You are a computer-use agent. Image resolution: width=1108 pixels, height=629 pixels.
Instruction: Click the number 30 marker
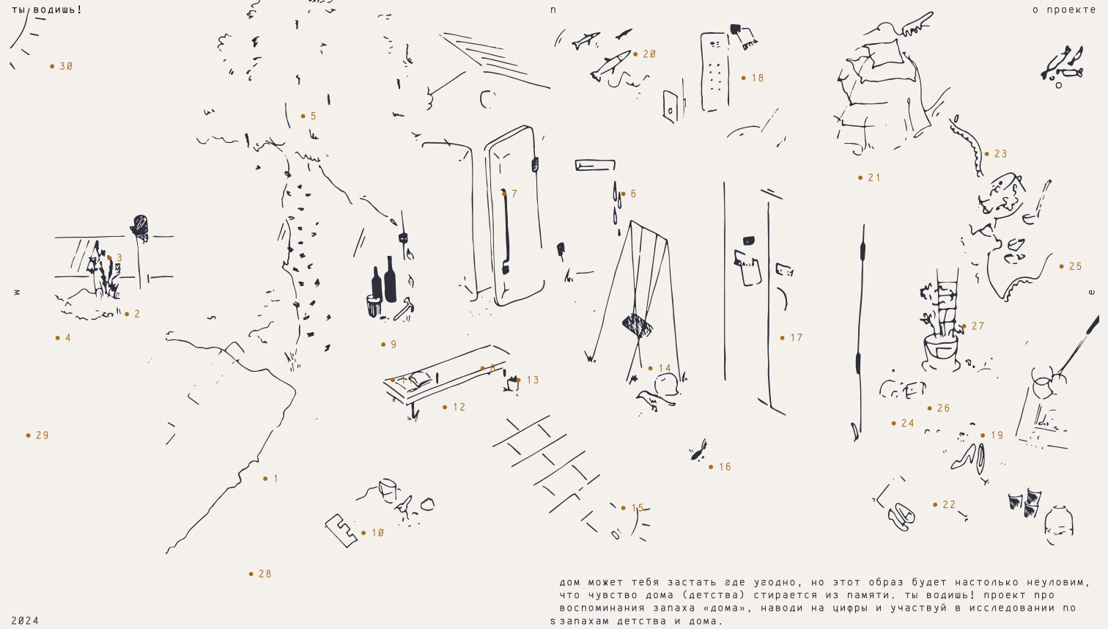click(62, 66)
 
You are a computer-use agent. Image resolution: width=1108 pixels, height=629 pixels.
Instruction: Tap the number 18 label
click(753, 78)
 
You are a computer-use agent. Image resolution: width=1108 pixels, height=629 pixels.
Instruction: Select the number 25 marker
click(1071, 266)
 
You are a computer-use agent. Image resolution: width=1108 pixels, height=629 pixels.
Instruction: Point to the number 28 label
click(261, 574)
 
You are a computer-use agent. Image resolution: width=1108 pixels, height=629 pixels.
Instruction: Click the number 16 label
click(720, 467)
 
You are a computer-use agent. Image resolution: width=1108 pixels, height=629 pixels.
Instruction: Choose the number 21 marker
click(870, 177)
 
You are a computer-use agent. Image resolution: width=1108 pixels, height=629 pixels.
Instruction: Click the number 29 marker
click(38, 435)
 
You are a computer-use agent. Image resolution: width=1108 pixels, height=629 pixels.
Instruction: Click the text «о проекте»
click(1064, 10)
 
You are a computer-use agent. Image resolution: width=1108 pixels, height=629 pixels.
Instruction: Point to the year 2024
click(25, 621)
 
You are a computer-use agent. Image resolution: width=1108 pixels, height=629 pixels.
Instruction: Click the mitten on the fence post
click(139, 227)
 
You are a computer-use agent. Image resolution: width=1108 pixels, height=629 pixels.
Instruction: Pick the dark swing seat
click(637, 325)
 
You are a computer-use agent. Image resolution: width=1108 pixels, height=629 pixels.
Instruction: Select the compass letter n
click(553, 10)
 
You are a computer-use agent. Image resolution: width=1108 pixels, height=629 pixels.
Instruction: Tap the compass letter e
click(1092, 293)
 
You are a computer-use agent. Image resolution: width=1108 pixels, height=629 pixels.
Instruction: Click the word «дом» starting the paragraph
click(569, 583)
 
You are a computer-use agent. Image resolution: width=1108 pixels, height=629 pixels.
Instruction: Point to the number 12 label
click(455, 407)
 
